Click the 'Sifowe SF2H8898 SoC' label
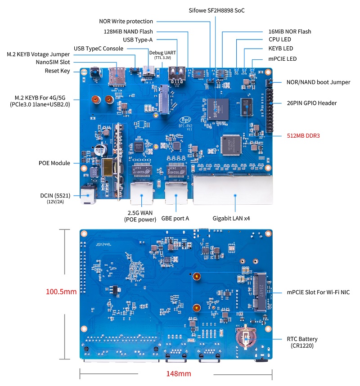click(217, 10)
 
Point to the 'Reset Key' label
click(57, 71)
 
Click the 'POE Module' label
click(54, 163)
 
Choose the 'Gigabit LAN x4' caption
click(231, 219)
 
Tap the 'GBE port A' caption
click(175, 219)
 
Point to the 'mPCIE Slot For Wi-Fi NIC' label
click(318, 292)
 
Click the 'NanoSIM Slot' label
click(53, 62)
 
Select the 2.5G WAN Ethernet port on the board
click(142, 193)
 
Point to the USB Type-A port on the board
click(177, 74)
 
